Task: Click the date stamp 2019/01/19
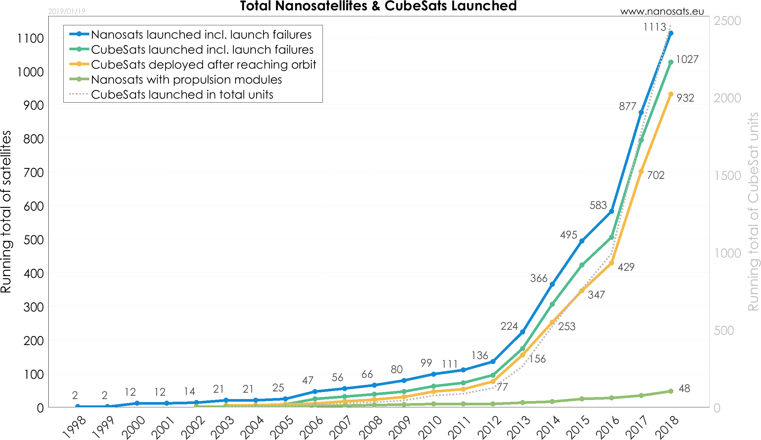click(x=67, y=11)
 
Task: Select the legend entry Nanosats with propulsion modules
click(x=186, y=80)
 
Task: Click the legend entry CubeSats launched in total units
click(x=182, y=95)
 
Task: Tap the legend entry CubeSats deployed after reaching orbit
click(x=203, y=65)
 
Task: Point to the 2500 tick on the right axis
click(x=727, y=21)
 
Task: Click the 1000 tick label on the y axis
click(x=727, y=253)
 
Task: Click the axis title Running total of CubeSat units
click(x=753, y=212)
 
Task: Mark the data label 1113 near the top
click(x=654, y=27)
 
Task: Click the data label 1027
click(x=687, y=59)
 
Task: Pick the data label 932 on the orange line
click(x=685, y=98)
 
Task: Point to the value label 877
click(x=627, y=107)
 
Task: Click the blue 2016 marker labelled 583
click(x=611, y=211)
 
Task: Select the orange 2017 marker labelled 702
click(x=641, y=172)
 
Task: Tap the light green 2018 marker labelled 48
click(x=671, y=391)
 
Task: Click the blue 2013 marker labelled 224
click(x=522, y=332)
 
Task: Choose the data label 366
click(x=538, y=278)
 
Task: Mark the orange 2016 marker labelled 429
click(x=611, y=263)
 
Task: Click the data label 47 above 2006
click(x=308, y=380)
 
